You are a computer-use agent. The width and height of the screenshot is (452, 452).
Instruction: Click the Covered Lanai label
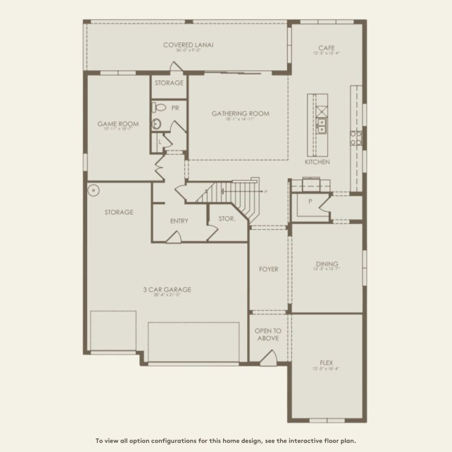click(188, 45)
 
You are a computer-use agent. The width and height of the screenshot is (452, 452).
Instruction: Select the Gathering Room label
click(240, 114)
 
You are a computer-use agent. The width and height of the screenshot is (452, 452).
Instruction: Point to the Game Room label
click(117, 124)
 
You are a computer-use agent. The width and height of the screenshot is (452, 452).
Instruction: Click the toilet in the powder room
click(157, 107)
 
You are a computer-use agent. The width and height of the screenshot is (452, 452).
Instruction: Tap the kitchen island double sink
click(322, 127)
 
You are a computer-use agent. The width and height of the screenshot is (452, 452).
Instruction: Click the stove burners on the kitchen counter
click(356, 138)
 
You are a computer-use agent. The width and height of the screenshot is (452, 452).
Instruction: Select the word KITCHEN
click(317, 162)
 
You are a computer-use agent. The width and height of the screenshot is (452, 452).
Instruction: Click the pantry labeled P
click(310, 201)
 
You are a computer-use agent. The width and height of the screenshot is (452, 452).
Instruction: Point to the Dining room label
click(326, 265)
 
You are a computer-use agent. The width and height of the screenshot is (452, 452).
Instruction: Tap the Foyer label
click(268, 269)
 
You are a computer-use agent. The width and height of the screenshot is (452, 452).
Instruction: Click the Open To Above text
click(268, 335)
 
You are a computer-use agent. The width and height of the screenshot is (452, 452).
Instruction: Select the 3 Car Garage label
click(167, 290)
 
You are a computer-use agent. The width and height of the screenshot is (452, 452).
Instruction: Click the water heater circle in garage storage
click(93, 190)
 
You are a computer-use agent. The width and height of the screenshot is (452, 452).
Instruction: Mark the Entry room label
click(179, 221)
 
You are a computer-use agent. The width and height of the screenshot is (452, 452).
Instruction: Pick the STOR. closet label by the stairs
click(227, 219)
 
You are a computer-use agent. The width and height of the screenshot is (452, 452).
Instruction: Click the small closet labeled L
click(160, 142)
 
